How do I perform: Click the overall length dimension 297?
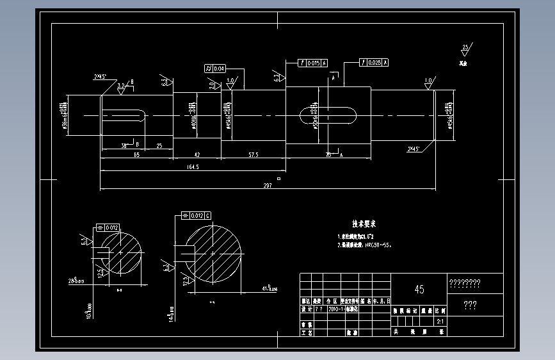[x=268, y=186]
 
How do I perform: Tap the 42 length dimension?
[x=197, y=155]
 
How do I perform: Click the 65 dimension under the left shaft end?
[x=136, y=155]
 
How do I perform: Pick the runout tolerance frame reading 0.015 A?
[x=313, y=63]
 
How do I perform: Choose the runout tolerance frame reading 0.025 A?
[x=374, y=63]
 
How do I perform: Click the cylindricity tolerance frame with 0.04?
[x=216, y=69]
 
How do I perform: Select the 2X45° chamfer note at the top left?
[x=101, y=77]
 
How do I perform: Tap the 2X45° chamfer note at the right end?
[x=414, y=149]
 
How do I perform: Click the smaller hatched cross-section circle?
[x=120, y=253]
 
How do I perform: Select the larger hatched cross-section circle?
[x=213, y=251]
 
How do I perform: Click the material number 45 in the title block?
[x=419, y=290]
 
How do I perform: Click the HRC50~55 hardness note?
[x=378, y=245]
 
